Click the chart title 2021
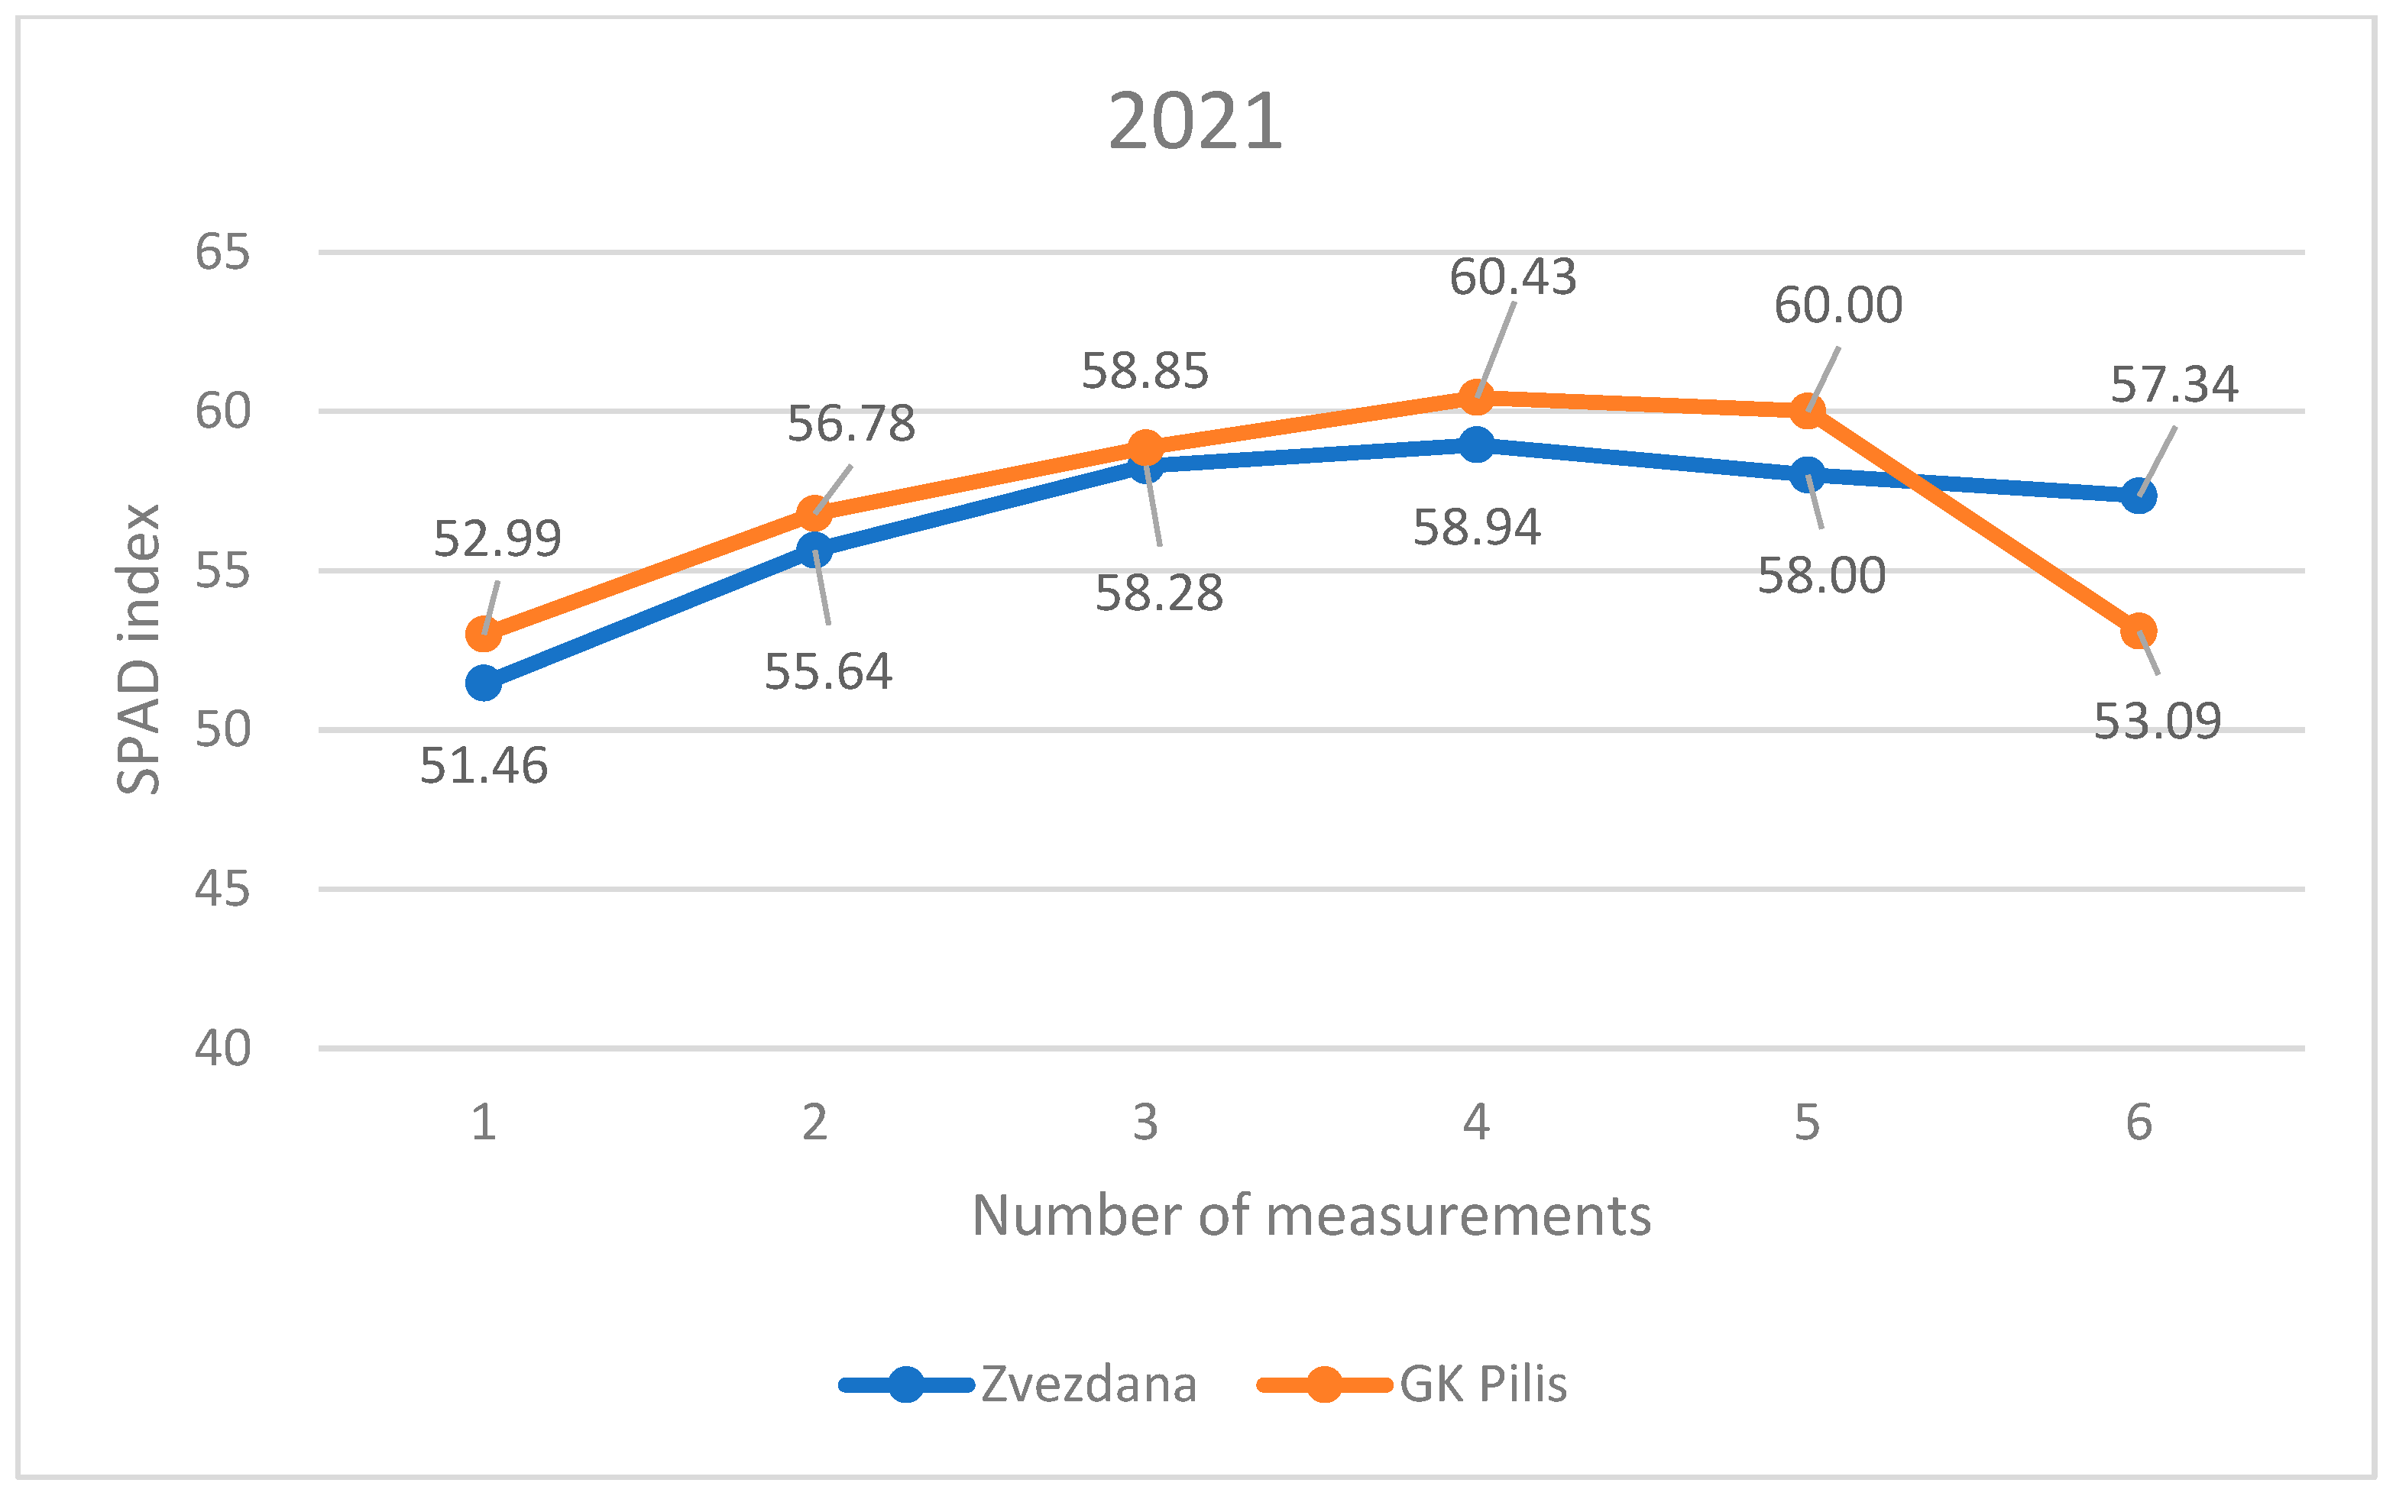coord(1195,122)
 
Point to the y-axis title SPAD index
coord(139,649)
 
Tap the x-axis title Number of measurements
coord(1311,1216)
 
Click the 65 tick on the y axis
coord(222,252)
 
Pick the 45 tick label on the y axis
coord(222,890)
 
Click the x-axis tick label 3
coord(1145,1123)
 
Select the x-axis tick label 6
coord(2139,1123)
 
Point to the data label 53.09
coord(2157,722)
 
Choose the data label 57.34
coord(2174,385)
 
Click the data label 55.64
coord(828,672)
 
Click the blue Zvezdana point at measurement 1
coord(483,683)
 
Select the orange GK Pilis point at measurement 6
coord(2139,631)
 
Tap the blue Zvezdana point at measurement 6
coord(2139,496)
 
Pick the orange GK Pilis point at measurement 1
coord(483,632)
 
